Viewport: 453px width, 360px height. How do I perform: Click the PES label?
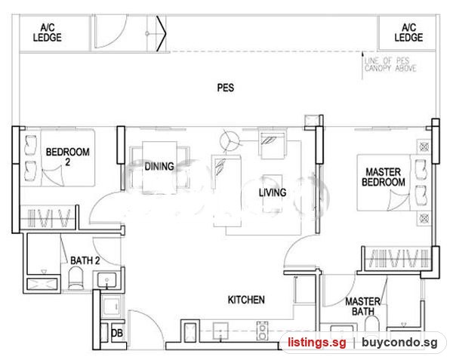tap(225, 88)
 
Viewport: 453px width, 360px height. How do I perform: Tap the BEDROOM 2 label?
tap(68, 156)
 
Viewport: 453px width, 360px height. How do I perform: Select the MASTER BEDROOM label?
tap(384, 177)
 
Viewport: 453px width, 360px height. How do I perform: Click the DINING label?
tap(159, 166)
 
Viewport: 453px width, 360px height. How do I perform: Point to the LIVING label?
tap(273, 192)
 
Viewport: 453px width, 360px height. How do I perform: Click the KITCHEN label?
tap(246, 300)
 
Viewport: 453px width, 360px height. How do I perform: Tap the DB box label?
tap(117, 333)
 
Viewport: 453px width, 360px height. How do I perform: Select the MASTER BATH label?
tap(363, 306)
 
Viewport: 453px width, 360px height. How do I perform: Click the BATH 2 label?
tap(85, 260)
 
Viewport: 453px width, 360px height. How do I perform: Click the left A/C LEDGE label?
tap(48, 32)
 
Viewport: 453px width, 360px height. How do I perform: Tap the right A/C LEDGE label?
tap(408, 32)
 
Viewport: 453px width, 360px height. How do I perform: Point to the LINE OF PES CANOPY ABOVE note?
tap(390, 64)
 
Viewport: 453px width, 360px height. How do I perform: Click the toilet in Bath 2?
tap(76, 278)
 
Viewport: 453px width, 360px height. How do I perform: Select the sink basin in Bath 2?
tap(107, 280)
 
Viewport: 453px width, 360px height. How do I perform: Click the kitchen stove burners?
tap(262, 331)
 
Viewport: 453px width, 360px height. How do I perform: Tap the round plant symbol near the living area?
tap(230, 141)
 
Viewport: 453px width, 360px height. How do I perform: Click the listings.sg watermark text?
tap(316, 343)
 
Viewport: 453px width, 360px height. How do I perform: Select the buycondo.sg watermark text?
tap(399, 343)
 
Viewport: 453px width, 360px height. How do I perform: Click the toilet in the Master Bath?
tap(371, 324)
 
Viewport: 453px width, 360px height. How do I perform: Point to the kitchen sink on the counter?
tap(220, 331)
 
